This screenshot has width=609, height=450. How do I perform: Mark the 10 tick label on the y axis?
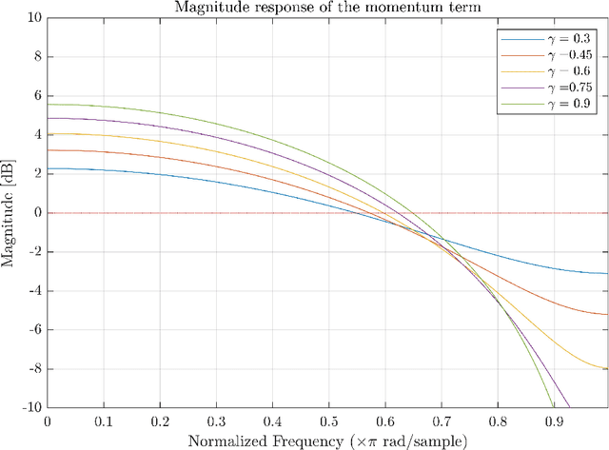coord(34,17)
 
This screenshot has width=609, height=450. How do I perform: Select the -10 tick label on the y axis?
coord(31,407)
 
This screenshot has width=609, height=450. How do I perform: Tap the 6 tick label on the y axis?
coord(37,95)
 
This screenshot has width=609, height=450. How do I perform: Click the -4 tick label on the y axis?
coord(34,290)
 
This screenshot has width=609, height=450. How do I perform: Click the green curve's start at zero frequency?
coord(49,104)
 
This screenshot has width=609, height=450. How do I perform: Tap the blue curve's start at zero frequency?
coord(49,168)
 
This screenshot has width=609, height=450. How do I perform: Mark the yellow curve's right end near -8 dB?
coord(606,368)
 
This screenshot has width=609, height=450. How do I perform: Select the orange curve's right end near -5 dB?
coord(606,314)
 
